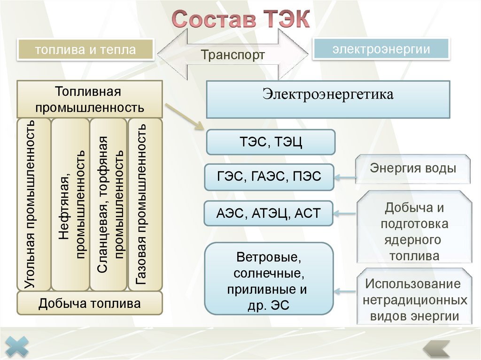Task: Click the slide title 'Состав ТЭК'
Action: click(x=240, y=20)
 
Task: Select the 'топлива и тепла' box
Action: click(x=85, y=50)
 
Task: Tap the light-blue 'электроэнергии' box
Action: click(x=381, y=49)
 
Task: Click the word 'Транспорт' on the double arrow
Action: click(x=233, y=55)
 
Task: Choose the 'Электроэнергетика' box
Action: click(x=328, y=99)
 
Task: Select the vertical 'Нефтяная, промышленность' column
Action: click(x=70, y=204)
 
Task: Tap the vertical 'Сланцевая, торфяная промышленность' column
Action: click(x=108, y=204)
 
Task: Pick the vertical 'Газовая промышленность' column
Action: click(x=143, y=204)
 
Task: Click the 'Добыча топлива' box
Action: click(x=90, y=303)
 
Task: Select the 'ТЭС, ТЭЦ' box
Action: click(x=271, y=142)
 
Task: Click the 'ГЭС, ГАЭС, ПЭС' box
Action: click(x=269, y=177)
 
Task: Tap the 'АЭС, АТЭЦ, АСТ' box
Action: click(x=268, y=214)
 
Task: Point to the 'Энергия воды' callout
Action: click(x=413, y=169)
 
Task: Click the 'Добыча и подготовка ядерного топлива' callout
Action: click(x=414, y=232)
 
